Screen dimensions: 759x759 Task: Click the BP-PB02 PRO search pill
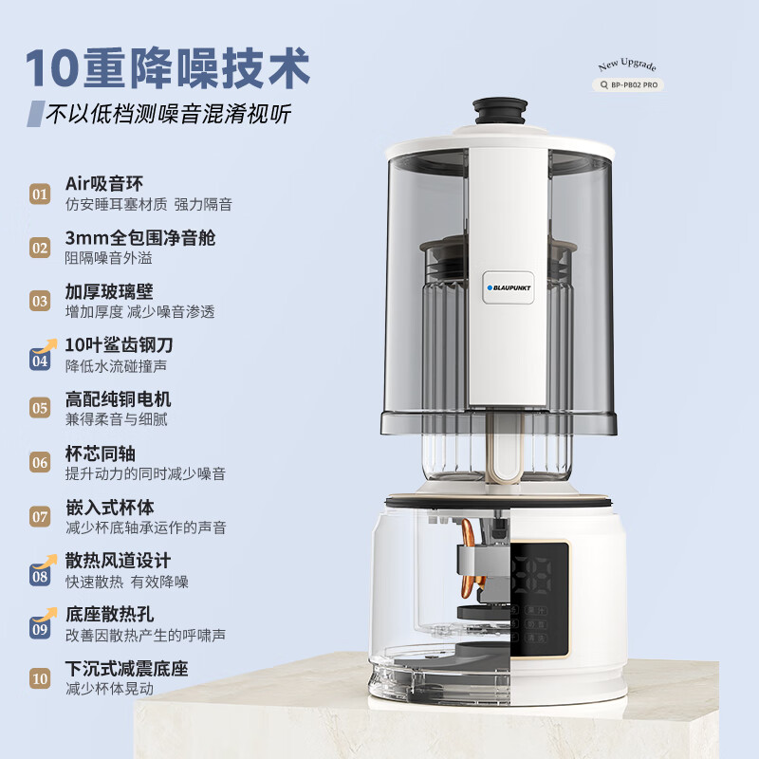tap(628, 84)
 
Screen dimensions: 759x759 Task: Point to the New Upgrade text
tap(627, 65)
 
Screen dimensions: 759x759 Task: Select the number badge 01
tap(40, 194)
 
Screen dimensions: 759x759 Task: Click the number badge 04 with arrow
tap(40, 358)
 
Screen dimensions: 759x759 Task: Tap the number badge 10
tap(40, 678)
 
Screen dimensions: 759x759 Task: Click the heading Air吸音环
tap(104, 184)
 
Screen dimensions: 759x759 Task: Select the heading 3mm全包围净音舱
tap(139, 237)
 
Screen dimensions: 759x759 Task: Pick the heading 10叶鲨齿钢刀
tap(119, 344)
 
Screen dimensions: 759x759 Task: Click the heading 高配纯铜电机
tap(118, 398)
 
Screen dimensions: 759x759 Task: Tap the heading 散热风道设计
tap(118, 560)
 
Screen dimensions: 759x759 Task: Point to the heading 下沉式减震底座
tap(125, 667)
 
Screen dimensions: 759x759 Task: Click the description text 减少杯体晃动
tap(108, 689)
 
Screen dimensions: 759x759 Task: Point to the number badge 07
tap(40, 517)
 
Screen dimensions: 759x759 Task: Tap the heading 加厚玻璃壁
tap(108, 291)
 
